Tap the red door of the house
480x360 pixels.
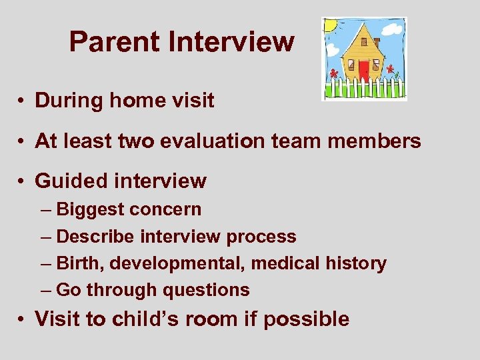363,71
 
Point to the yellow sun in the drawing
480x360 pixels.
330,26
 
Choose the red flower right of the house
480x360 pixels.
390,69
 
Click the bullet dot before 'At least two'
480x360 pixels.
23,141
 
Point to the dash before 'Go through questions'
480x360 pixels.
45,290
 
